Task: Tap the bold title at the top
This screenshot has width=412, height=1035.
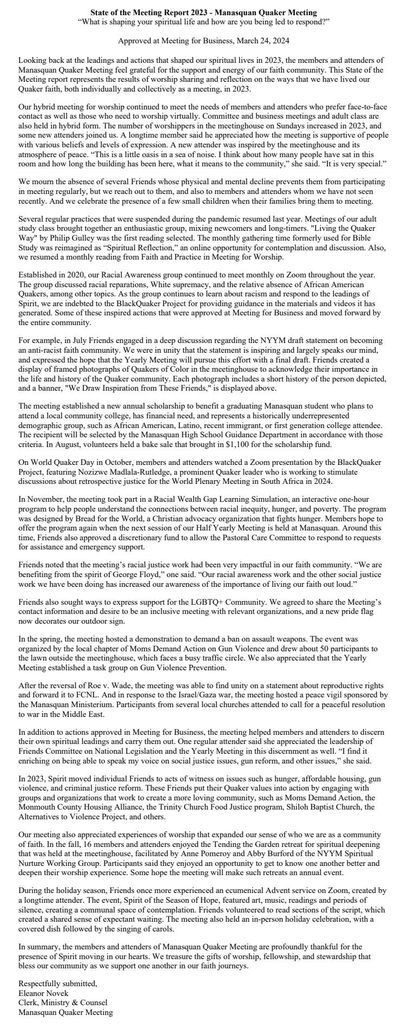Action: tap(204, 12)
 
